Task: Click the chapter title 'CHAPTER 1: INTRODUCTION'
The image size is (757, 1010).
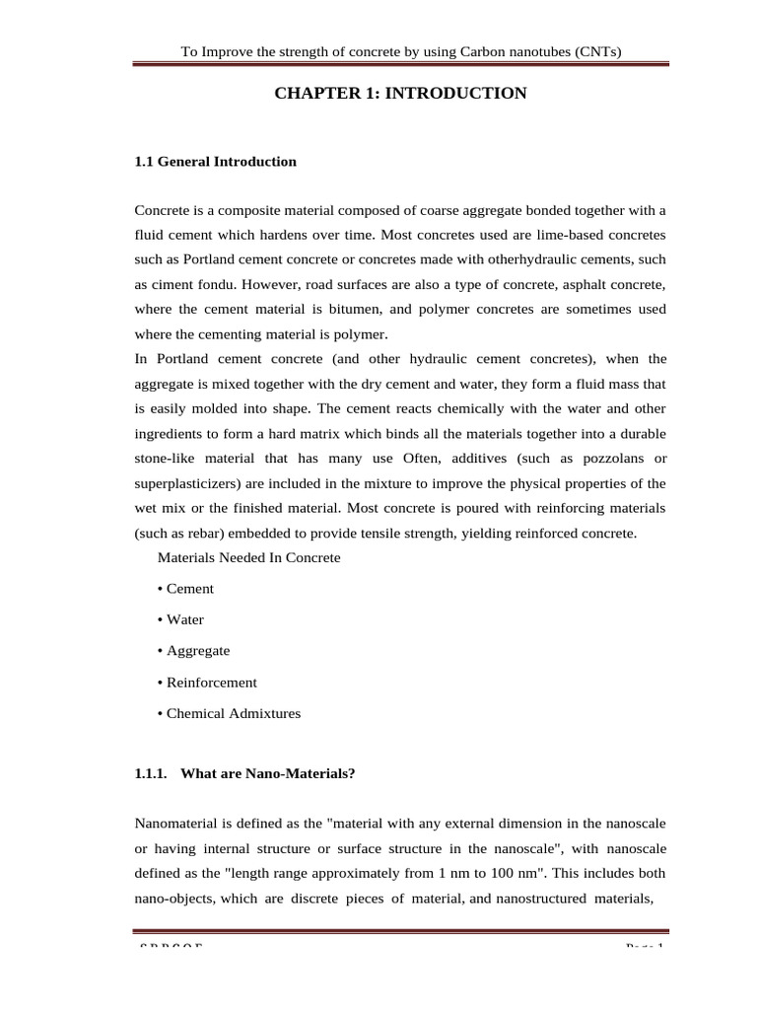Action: coord(399,94)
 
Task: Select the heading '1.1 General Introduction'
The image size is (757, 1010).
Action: coord(215,162)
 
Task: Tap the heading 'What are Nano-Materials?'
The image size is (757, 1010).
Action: coord(267,774)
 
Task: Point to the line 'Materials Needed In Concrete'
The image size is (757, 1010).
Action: coord(248,558)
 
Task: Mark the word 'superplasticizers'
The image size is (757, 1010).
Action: coord(186,483)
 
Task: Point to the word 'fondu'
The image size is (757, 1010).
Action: coord(210,285)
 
